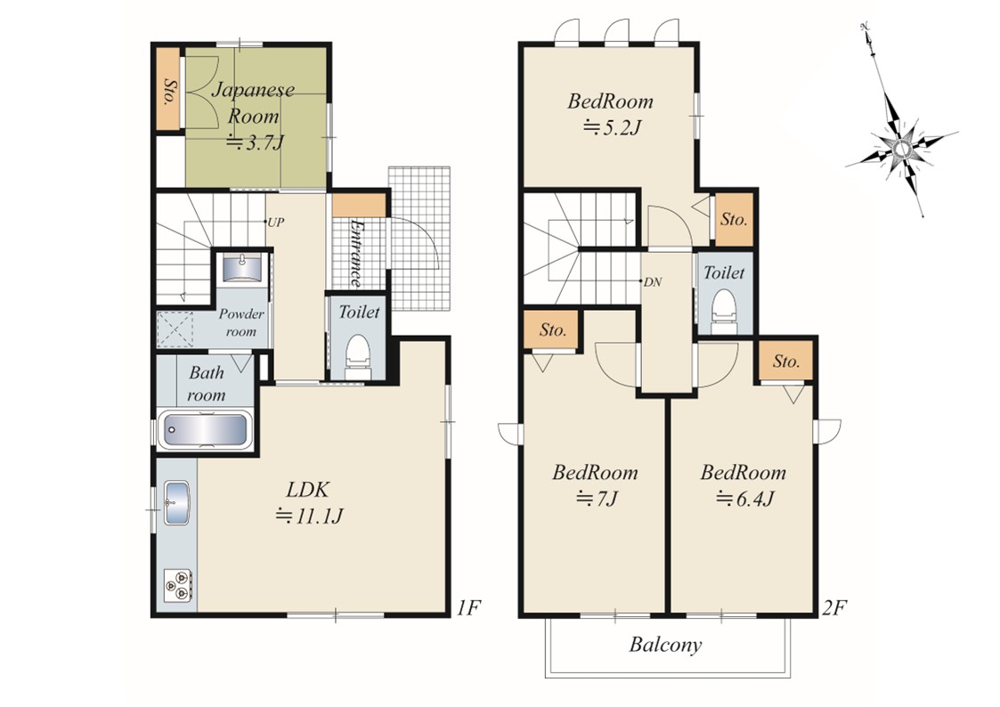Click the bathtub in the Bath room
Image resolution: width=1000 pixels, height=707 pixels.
point(206,430)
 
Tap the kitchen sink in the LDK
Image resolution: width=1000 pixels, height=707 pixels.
point(176,501)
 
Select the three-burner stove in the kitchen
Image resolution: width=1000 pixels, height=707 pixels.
point(177,585)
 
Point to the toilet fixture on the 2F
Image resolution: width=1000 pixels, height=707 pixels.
point(723,311)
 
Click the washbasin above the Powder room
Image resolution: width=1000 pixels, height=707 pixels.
point(242,269)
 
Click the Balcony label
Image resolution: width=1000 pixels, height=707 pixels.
point(665,645)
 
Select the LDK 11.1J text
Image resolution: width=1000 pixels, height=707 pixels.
point(308,502)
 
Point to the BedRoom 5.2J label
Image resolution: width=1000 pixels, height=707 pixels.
point(610,114)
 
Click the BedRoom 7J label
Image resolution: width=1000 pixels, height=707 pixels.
point(595,484)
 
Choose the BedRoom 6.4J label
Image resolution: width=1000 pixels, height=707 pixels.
point(743,484)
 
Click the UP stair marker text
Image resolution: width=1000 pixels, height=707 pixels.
point(275,223)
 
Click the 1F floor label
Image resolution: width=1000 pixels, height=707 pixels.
point(468,608)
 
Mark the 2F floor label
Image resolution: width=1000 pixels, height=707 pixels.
point(833,608)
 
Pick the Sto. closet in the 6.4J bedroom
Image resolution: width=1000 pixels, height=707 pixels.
point(785,361)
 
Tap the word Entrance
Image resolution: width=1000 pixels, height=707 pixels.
point(356,253)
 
